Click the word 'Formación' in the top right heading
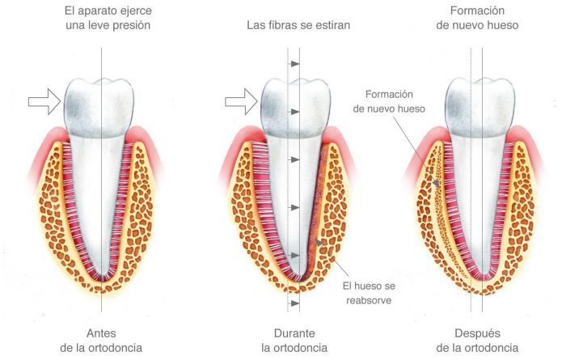(x=477, y=11)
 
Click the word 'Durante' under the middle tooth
(x=293, y=333)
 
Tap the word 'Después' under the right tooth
(x=477, y=333)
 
